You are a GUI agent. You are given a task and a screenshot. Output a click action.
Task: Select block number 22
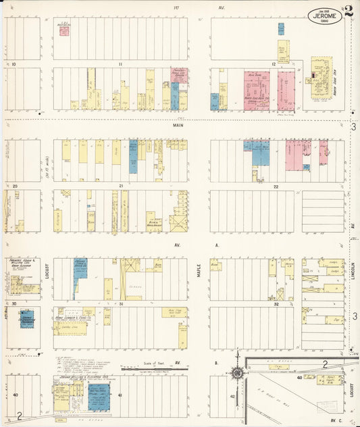[276, 186]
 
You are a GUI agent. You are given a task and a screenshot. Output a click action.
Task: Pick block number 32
[276, 304]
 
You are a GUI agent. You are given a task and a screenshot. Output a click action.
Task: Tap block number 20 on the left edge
[14, 185]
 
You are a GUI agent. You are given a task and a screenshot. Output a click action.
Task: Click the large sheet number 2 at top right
[348, 11]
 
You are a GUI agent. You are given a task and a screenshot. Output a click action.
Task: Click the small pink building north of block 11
[63, 30]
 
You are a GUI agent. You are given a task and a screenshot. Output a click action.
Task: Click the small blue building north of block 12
[281, 29]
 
